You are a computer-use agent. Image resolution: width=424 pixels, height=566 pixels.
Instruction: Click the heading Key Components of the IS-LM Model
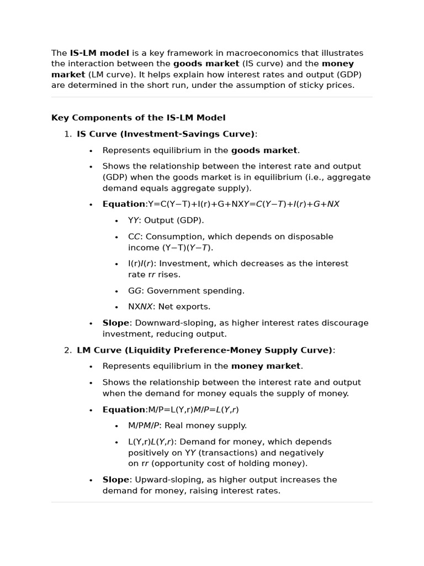(138, 118)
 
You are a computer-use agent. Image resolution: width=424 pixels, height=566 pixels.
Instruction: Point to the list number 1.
(67, 134)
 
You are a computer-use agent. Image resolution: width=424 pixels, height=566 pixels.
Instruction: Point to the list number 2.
(67, 350)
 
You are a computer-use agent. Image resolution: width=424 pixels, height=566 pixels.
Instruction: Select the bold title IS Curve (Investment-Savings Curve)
(166, 134)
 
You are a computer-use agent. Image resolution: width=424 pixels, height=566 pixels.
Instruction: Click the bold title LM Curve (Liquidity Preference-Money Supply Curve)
(205, 350)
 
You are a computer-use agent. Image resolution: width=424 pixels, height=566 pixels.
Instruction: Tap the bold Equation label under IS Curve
(124, 204)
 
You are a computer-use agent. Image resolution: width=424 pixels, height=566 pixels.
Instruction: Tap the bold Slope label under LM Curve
(115, 480)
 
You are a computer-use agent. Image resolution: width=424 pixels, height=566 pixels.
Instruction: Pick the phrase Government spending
(195, 291)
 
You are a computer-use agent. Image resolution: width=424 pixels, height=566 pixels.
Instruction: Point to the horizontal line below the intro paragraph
(211, 97)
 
